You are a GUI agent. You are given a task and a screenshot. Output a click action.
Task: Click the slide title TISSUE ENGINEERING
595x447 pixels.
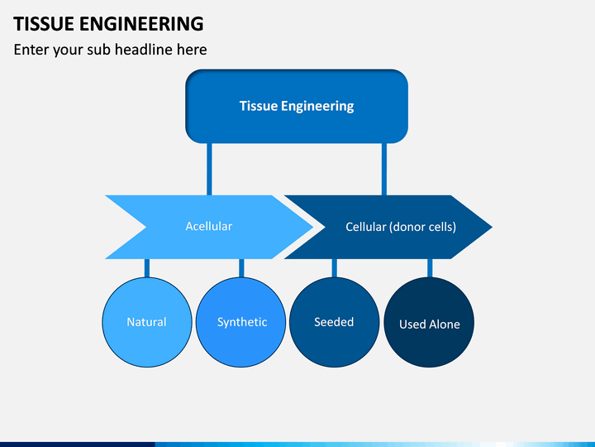[x=108, y=24]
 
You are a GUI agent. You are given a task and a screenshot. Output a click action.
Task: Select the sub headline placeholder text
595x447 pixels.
[x=110, y=50]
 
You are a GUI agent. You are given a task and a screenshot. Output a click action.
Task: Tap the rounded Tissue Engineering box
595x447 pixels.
[x=297, y=106]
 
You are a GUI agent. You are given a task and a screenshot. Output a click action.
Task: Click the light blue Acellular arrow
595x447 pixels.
[x=209, y=227]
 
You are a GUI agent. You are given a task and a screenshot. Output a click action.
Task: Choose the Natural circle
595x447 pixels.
[x=147, y=322]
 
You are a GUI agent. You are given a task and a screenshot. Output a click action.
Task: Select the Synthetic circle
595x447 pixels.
[x=241, y=322]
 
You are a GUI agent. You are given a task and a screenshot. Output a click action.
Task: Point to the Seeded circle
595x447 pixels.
[x=335, y=322]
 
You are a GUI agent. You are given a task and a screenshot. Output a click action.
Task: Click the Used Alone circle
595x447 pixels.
[x=429, y=322]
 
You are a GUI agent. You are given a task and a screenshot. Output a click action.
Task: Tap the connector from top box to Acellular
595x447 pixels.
[x=209, y=169]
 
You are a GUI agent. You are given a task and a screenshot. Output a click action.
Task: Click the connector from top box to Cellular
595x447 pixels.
[x=384, y=169]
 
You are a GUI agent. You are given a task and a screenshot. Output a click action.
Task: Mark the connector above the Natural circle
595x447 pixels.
[x=147, y=268]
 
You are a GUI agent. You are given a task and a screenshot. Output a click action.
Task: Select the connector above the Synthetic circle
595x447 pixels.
[x=241, y=268]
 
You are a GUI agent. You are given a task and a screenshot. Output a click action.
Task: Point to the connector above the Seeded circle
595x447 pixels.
[x=335, y=268]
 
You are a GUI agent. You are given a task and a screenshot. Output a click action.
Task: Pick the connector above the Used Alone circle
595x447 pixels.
[x=430, y=268]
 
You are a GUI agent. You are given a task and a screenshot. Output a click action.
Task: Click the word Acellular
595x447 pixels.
[x=209, y=226]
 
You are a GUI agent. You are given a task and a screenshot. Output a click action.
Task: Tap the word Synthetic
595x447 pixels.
[x=242, y=322]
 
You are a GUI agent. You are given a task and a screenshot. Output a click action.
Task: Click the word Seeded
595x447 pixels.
[x=334, y=322]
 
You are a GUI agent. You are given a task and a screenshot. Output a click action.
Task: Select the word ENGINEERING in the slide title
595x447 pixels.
[x=141, y=24]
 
